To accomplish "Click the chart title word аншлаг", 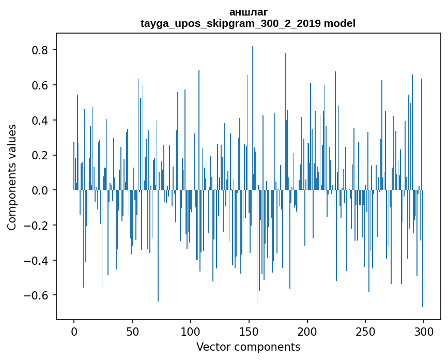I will point(248,12).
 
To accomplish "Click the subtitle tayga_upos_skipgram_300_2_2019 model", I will point(248,23).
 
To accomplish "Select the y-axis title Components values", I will point(11,177).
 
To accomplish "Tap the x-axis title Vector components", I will point(248,347).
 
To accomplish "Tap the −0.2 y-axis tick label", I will point(38,226).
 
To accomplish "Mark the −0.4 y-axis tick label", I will point(38,261).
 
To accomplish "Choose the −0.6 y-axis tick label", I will point(38,295).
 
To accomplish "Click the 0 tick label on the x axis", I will point(74,331).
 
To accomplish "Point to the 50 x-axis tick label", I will point(132,331).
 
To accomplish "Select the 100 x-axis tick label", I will point(191,331).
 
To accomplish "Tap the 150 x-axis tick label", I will point(249,331).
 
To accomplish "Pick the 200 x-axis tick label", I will point(307,331).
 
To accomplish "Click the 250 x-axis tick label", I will point(365,331).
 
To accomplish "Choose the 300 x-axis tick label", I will point(424,331).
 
